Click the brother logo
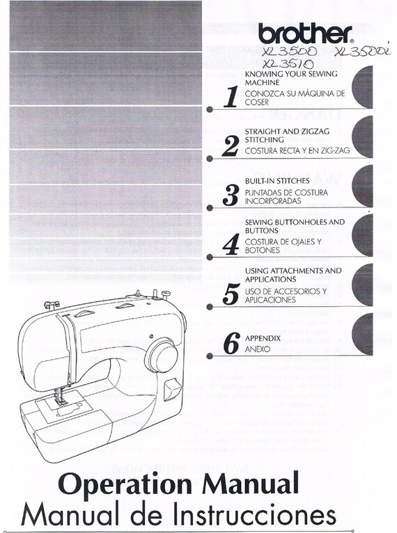(305, 33)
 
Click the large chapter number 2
(231, 146)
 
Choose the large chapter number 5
(231, 294)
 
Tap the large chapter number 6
(231, 344)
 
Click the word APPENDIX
(263, 338)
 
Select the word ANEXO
(257, 349)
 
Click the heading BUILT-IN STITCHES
(277, 180)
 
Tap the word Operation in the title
(118, 483)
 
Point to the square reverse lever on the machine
(170, 390)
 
